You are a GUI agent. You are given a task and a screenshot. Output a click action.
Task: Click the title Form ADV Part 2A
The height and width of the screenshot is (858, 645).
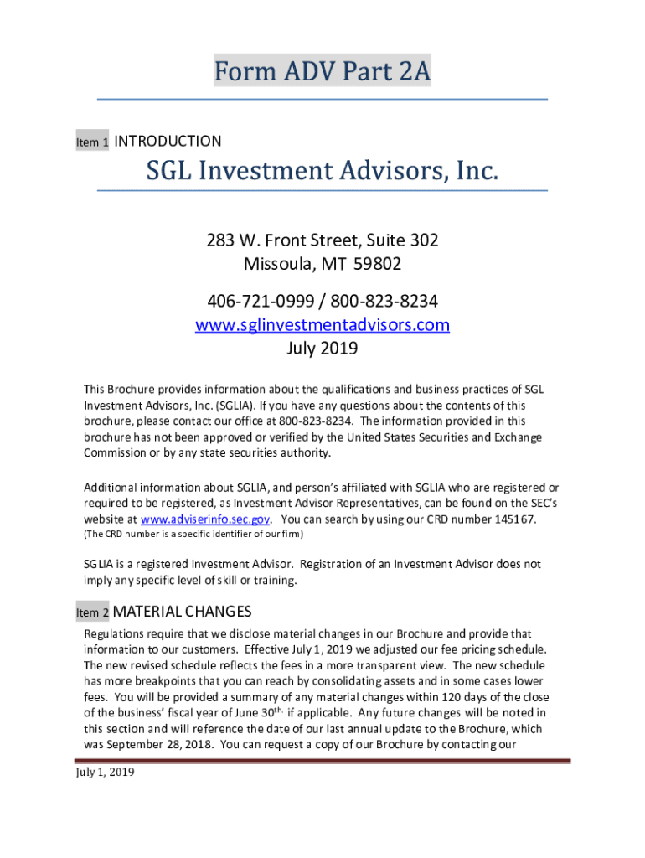322,73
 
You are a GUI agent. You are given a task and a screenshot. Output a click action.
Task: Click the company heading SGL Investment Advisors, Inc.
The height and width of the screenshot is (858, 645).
322,172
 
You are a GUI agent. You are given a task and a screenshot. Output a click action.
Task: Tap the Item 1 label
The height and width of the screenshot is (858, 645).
92,143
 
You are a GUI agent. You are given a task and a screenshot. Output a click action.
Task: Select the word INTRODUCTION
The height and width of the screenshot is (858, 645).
168,142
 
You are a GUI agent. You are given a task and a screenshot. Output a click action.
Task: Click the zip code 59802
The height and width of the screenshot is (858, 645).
377,265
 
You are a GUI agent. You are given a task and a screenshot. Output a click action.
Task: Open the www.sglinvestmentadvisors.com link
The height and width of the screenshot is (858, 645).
322,324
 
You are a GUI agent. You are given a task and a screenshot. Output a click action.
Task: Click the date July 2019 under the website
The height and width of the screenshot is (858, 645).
322,348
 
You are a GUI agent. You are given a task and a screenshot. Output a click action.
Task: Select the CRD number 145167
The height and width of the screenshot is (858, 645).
513,519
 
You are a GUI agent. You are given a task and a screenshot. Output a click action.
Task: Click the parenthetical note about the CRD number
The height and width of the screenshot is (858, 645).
193,534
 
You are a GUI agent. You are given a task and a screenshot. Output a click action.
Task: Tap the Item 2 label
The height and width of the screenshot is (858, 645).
92,613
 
